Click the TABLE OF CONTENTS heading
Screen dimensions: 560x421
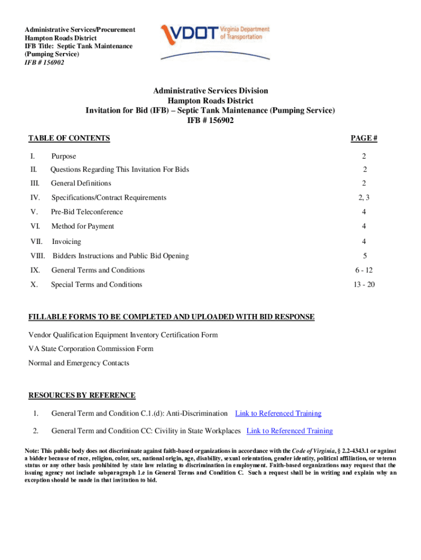(x=69, y=138)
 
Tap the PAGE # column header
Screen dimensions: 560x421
(x=364, y=138)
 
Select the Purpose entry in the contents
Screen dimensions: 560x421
(x=63, y=156)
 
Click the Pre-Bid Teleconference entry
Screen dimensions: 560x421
(x=87, y=212)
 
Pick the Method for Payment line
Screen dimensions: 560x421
(x=83, y=226)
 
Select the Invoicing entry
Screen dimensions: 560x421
(x=66, y=241)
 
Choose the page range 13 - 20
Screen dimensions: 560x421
(x=364, y=284)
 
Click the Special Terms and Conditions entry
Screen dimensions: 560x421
(x=96, y=284)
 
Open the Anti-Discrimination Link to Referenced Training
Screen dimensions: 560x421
(x=278, y=413)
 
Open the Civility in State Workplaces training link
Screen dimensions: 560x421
(x=290, y=431)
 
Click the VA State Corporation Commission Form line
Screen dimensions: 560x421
(x=91, y=349)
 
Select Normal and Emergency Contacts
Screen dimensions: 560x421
(x=79, y=363)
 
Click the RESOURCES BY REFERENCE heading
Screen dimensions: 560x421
(x=82, y=395)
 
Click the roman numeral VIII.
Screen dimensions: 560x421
(x=38, y=255)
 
